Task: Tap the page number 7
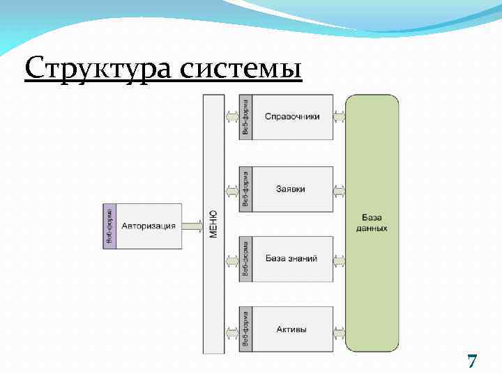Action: tap(472, 361)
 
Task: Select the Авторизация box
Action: tap(149, 226)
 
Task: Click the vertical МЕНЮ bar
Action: tap(213, 224)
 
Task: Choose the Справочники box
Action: tap(292, 117)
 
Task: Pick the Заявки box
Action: tap(292, 189)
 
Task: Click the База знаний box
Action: tap(292, 258)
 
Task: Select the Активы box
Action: tap(292, 329)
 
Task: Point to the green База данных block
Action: tap(372, 224)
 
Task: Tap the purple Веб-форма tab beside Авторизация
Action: tap(109, 226)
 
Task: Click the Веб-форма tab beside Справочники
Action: tap(245, 117)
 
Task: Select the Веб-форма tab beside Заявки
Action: tap(245, 189)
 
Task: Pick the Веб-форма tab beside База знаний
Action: tap(245, 258)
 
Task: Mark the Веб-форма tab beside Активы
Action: tap(245, 329)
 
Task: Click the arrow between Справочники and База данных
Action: tap(340, 117)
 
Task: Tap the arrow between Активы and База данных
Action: tap(340, 329)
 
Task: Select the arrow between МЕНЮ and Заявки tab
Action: tap(231, 189)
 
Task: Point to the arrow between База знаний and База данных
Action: tap(340, 261)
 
